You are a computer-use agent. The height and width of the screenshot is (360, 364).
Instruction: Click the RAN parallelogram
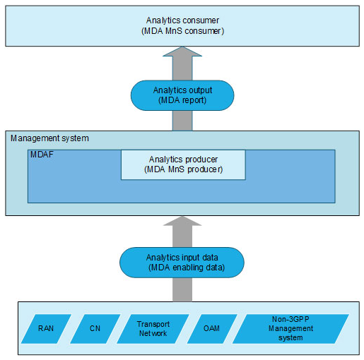46,329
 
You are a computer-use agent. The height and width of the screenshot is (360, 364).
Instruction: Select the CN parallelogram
95,329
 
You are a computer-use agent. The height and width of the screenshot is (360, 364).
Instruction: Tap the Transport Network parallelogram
153,329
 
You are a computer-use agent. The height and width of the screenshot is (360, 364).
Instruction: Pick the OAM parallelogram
212,329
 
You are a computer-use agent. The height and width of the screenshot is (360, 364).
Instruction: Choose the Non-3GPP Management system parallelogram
290,329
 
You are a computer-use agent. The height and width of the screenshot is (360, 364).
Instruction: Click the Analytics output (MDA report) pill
182,95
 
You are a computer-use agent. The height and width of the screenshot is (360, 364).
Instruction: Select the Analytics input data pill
182,263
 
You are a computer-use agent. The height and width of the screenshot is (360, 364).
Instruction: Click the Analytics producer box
183,164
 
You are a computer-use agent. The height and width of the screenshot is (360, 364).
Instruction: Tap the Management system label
49,138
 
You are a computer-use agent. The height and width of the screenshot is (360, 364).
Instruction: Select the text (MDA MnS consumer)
182,31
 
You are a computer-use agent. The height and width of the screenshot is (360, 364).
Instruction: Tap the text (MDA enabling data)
187,268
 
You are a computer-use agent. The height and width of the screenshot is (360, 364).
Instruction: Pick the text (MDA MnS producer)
183,169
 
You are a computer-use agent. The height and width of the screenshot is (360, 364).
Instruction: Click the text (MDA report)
182,100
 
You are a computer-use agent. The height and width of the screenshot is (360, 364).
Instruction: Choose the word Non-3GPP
290,319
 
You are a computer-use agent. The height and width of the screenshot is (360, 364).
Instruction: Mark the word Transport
153,324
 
